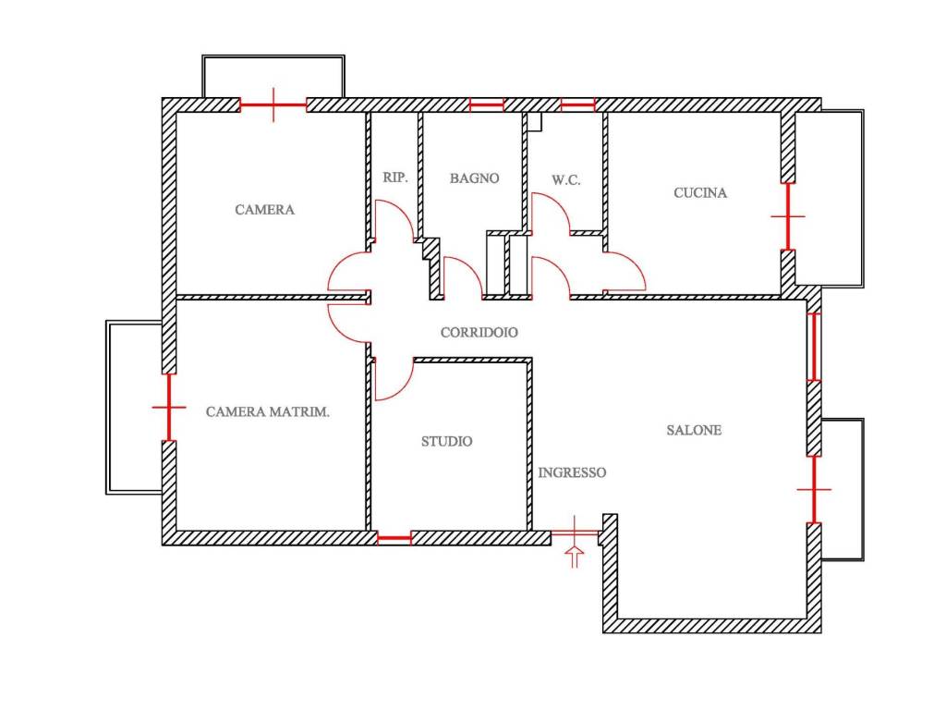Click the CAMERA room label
265,210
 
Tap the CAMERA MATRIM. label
268,411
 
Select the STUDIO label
446,441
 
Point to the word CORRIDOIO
479,332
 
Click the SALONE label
694,430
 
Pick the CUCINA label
700,192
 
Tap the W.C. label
566,180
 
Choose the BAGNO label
474,178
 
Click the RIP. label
395,177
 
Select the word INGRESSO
572,472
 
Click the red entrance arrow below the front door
575,557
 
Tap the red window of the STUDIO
394,537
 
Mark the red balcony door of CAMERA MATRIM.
169,408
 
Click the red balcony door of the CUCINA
788,215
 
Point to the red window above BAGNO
486,105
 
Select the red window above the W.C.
578,105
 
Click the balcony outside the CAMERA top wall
273,56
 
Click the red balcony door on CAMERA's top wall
273,105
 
